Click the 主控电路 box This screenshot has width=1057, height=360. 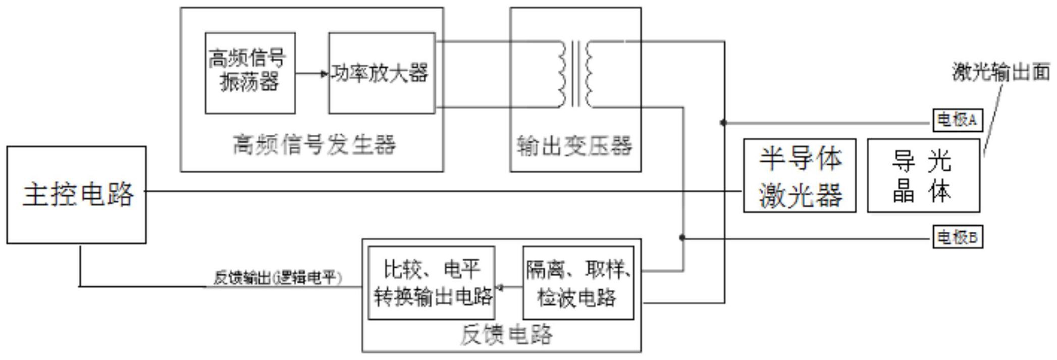[76, 195]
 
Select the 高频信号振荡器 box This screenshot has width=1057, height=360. [250, 73]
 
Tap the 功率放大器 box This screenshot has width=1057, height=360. [382, 73]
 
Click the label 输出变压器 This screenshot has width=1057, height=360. [574, 146]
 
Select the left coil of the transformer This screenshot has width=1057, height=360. [561, 74]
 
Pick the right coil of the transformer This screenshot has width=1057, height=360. [590, 74]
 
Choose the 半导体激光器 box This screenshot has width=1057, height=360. [800, 176]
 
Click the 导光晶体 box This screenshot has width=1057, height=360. [923, 176]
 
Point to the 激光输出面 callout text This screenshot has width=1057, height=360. [1001, 72]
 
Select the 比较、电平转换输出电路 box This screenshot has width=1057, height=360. [432, 283]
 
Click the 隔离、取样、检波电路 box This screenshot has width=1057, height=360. [578, 283]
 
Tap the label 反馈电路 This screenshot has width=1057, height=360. [506, 335]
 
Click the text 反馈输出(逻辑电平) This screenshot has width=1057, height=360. [278, 278]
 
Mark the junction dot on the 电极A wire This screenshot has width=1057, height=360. [723, 123]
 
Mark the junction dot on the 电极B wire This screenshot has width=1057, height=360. [682, 237]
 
